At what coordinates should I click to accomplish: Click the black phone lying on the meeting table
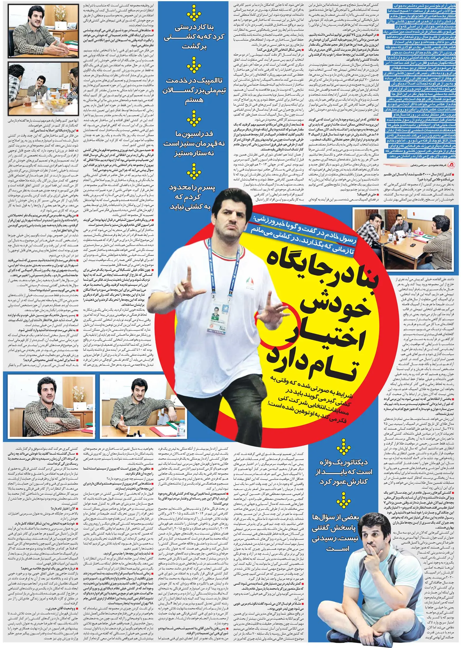coord(413,245)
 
